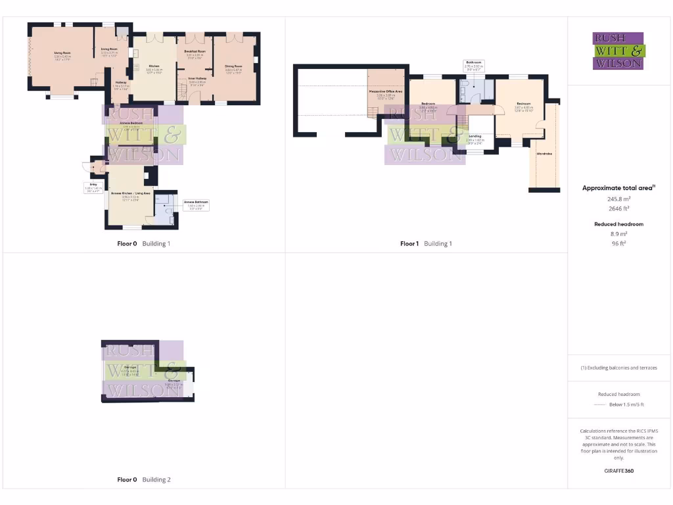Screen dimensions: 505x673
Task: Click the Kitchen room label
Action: [x=154, y=67]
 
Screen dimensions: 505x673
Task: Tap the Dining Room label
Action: [x=234, y=66]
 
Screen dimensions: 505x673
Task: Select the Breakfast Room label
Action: [x=195, y=51]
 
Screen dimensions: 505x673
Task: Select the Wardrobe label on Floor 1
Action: [x=544, y=154]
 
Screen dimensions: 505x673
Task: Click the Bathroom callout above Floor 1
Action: [x=474, y=65]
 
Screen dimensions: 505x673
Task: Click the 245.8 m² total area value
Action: [x=618, y=197]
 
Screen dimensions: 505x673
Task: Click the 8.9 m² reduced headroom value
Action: [x=618, y=233]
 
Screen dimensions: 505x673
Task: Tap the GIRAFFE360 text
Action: [x=618, y=471]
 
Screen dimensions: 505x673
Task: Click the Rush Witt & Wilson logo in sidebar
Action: [x=618, y=51]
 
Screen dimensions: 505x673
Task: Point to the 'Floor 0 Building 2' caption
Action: [x=144, y=480]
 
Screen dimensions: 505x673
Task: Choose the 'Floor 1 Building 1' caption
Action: [x=426, y=244]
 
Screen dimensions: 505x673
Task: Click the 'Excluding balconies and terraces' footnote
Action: [x=618, y=368]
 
